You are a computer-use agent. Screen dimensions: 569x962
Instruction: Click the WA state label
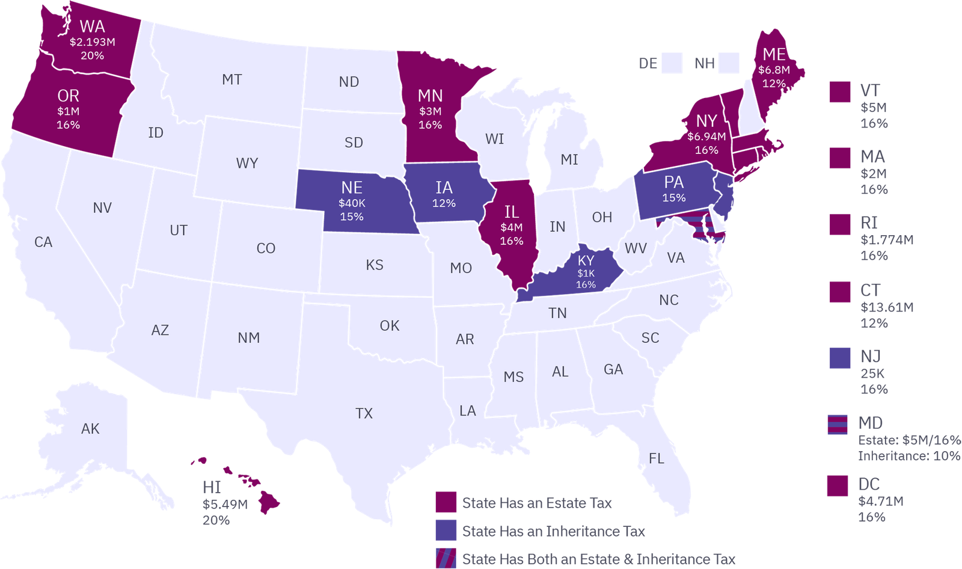pos(92,26)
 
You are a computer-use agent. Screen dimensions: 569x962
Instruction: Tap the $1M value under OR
pos(68,111)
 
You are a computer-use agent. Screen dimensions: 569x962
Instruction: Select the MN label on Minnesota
pos(430,96)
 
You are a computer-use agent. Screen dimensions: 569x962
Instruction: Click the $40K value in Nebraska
pos(352,203)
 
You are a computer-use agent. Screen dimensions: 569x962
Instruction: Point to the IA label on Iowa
pos(444,188)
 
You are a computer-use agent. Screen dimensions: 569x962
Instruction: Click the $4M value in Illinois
pos(511,227)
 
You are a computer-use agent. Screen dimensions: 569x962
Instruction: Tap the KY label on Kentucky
pos(586,260)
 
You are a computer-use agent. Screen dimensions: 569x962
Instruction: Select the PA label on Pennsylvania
pos(673,182)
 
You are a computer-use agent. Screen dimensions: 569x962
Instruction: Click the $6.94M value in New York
pos(706,137)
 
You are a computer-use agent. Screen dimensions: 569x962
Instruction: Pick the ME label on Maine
pos(774,55)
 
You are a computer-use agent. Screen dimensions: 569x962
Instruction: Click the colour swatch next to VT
pos(840,93)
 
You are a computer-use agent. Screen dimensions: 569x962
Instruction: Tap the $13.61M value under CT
pos(887,307)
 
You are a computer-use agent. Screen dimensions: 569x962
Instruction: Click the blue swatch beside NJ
pos(840,358)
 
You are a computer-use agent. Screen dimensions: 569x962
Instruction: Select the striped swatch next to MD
pos(838,425)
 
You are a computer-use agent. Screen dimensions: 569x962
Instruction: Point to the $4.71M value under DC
pos(881,501)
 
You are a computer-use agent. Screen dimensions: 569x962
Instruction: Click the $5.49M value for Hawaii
pos(225,505)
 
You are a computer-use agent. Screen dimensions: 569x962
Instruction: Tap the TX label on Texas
pos(364,413)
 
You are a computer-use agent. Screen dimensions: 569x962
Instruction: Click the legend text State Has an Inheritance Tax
pos(553,531)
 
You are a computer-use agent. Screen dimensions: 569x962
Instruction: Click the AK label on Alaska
pos(90,428)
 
